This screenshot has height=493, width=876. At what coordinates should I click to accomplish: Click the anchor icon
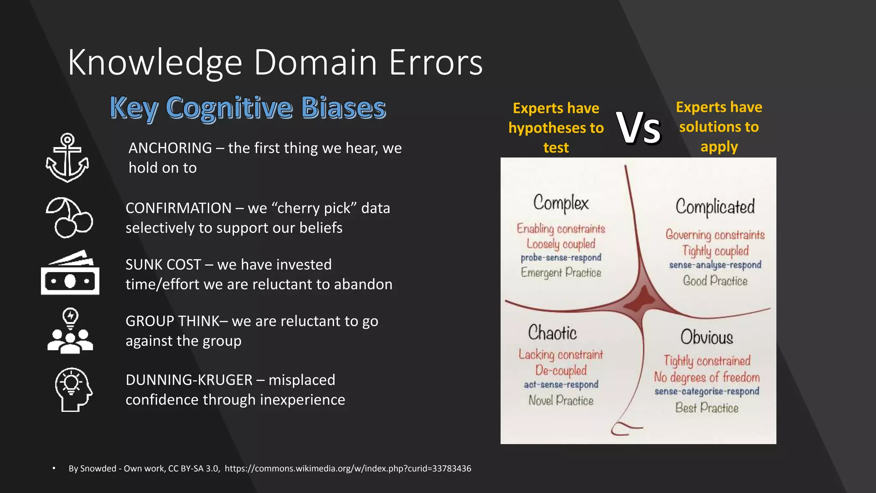coord(67,157)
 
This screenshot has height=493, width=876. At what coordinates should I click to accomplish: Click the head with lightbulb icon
coord(73,389)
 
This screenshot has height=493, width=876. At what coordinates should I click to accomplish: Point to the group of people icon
coord(70,331)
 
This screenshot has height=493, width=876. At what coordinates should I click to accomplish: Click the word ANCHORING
coord(170,148)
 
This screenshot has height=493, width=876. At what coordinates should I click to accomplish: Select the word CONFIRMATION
coord(178,208)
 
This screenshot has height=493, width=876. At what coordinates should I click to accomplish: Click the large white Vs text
coord(639,128)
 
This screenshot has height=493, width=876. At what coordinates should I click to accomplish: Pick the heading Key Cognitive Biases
coord(248,107)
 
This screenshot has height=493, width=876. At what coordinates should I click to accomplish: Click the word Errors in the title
coord(435,62)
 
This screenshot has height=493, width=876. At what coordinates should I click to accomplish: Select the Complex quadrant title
coord(561,203)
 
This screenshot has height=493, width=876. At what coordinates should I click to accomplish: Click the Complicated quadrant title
coord(715,207)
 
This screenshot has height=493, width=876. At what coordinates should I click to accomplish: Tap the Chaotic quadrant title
coord(552,333)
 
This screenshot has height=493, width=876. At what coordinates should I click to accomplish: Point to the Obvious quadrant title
coord(707,337)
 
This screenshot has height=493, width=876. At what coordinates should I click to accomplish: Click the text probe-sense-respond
coord(561,258)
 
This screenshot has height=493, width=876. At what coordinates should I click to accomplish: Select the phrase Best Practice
coord(707,408)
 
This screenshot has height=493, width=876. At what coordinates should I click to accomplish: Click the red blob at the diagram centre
coord(640,299)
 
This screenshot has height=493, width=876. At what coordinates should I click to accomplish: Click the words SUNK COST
coord(163,264)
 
